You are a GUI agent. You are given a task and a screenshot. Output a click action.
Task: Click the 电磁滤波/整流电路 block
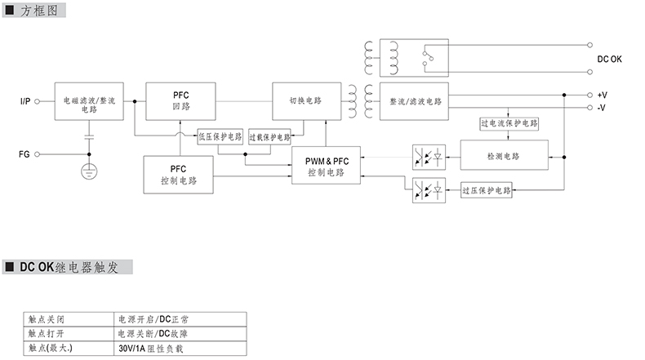point(89,103)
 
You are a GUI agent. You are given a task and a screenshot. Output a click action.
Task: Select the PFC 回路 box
point(180,101)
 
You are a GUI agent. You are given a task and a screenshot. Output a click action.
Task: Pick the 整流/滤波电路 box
point(416,101)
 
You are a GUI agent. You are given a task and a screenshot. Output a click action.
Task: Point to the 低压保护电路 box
point(220,137)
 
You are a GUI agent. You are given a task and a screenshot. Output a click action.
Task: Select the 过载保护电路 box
point(269,137)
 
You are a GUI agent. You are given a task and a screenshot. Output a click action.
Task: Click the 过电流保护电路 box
point(509,124)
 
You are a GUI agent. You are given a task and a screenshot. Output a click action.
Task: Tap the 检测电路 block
point(503,155)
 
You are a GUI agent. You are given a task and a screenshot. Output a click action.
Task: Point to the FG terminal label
point(24,153)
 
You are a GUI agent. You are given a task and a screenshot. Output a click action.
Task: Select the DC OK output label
point(609,60)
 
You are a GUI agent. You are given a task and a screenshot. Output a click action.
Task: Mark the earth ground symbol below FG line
point(89,171)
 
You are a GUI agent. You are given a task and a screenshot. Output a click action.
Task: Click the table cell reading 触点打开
point(45,333)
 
